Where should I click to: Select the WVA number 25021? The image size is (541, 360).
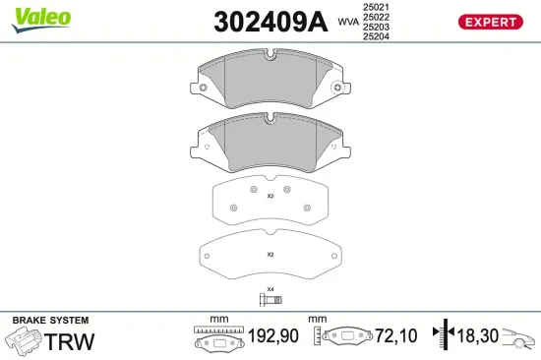point(376,7)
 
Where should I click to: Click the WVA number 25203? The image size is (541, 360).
point(376,29)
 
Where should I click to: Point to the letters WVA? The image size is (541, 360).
point(348,20)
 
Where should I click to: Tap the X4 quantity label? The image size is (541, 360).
point(270,288)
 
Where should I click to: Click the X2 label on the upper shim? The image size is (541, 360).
point(270,196)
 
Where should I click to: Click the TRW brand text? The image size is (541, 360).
point(72,341)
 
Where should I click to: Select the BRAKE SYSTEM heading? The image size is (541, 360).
point(50,321)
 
